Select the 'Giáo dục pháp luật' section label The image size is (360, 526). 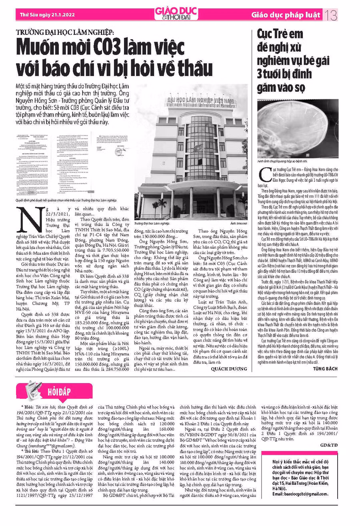[286, 16]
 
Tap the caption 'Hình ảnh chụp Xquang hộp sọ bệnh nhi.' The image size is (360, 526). [283, 161]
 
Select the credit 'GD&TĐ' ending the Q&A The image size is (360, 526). [329, 445]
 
